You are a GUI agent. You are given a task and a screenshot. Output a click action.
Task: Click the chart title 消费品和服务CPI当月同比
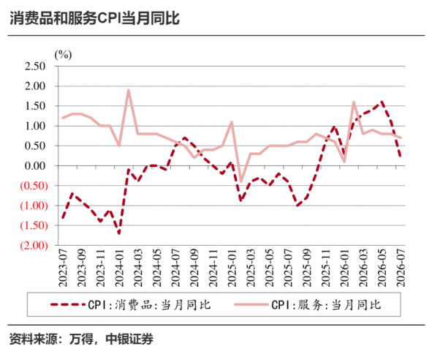click(x=94, y=18)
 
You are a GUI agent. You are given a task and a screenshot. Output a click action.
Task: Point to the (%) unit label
click(x=63, y=55)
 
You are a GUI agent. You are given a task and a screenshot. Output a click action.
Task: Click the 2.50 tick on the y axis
click(x=35, y=67)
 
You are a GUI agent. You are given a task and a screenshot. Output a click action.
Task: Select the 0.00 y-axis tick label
click(x=35, y=166)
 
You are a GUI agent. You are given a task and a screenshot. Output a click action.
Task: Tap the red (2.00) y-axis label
click(x=34, y=245)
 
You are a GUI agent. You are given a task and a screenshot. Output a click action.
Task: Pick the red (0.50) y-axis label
click(x=34, y=186)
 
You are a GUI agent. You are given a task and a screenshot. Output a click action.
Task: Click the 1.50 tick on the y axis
click(x=35, y=106)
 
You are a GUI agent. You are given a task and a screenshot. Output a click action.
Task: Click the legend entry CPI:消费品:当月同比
click(x=131, y=304)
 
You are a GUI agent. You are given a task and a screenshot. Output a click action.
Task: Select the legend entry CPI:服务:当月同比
click(x=308, y=304)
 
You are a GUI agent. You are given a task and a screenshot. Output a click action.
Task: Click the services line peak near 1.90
click(x=128, y=90)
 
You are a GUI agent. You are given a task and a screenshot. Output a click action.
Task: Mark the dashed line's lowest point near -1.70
click(x=119, y=233)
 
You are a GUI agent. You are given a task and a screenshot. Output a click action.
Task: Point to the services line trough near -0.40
click(x=241, y=181)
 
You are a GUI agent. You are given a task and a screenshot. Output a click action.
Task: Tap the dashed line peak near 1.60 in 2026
click(x=382, y=102)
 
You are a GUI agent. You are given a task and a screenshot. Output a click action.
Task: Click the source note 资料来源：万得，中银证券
click(x=81, y=340)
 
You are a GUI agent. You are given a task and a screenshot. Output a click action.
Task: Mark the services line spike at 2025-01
click(x=232, y=122)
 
